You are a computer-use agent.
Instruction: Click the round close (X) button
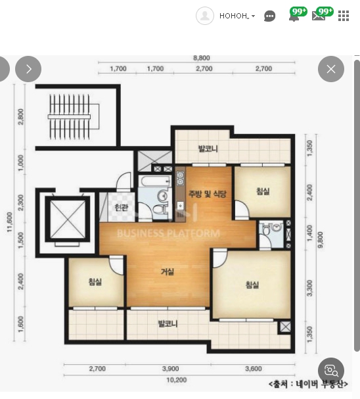coord(331,69)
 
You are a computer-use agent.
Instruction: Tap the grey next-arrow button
coord(28,69)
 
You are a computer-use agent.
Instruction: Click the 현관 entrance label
coord(122,208)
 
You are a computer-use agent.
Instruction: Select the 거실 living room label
coord(168,271)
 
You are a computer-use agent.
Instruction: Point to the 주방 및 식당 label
coord(207,194)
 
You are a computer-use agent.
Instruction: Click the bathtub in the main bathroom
coord(156,181)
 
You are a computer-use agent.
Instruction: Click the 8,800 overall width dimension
coord(202,58)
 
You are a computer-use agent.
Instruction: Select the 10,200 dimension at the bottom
coord(177,380)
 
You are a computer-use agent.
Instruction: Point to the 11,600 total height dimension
coord(10,222)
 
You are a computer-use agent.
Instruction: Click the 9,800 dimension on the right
coord(321,240)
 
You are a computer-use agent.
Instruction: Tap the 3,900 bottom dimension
coord(170,369)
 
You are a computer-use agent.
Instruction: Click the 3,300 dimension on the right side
coord(309,289)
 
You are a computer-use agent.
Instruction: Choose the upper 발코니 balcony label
coord(208,149)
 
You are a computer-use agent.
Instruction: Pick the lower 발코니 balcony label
coord(168,323)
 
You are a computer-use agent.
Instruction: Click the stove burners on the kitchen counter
coord(180,178)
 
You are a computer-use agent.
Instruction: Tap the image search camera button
coord(331,371)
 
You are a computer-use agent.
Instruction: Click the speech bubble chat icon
coord(269,16)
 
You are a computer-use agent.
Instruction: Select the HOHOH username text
coord(234,16)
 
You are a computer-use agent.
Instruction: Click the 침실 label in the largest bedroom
coord(252,285)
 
